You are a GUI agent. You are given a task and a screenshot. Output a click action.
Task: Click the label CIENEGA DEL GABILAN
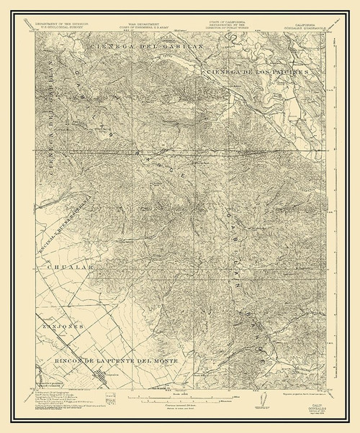[136, 47]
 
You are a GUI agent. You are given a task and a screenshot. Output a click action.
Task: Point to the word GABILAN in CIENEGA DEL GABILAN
[165, 47]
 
